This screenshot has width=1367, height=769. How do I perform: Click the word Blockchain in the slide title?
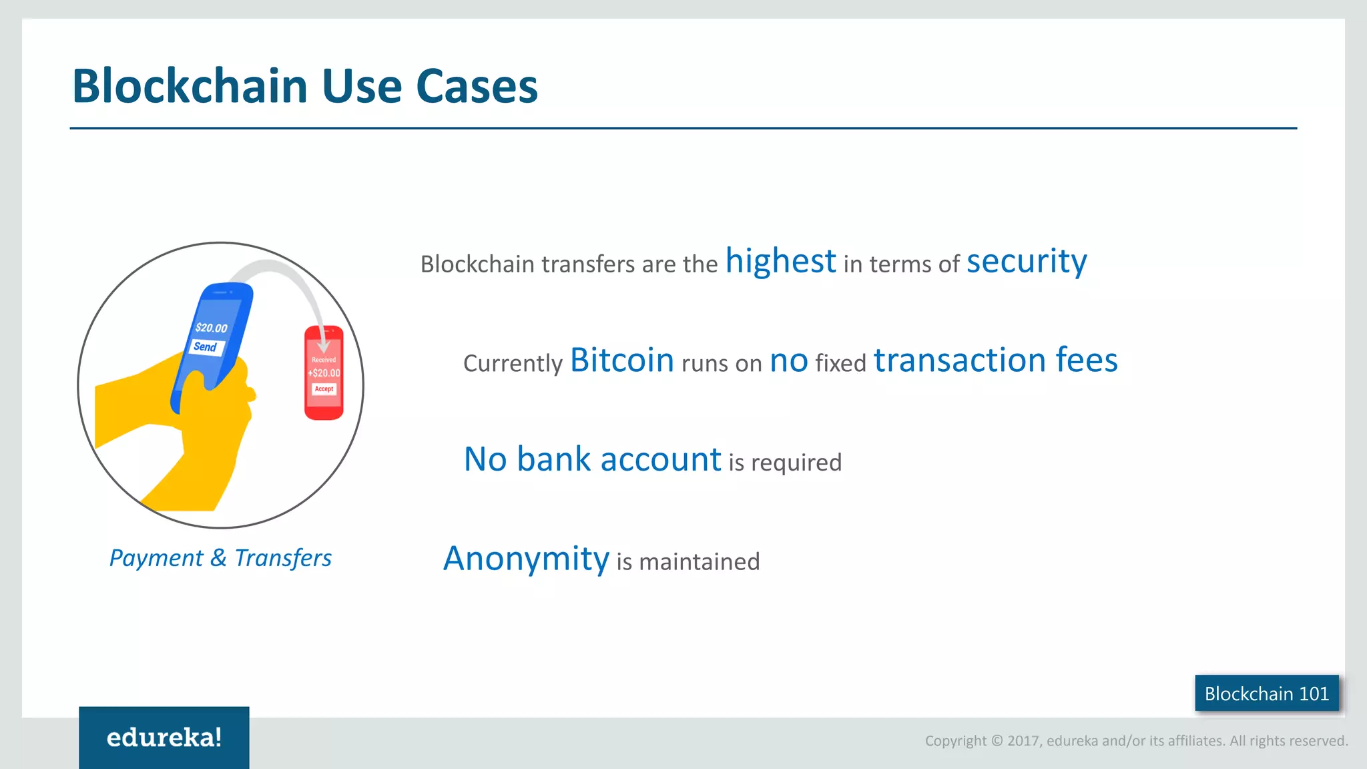point(190,87)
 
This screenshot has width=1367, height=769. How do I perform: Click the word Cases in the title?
point(477,87)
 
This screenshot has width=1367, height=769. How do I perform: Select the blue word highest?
point(780,261)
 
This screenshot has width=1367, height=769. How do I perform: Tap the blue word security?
point(1027,261)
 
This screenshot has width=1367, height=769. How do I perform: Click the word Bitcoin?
point(621,360)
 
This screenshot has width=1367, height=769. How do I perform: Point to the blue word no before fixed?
point(789,361)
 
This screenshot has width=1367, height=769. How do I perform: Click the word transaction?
point(960,360)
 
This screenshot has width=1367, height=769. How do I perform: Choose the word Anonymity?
point(526,559)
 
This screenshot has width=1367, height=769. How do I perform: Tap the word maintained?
point(699,562)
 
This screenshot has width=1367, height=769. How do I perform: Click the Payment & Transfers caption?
point(220,558)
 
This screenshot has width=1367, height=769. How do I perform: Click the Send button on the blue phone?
point(206,347)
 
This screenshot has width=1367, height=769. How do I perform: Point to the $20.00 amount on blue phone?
point(211,328)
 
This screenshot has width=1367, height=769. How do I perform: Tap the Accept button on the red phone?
point(324,389)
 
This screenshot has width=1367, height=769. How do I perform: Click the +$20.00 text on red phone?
point(324,373)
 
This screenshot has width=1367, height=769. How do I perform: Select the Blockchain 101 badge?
point(1266,694)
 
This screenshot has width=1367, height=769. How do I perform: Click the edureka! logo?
point(164,738)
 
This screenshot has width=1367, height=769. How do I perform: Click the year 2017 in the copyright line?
point(1024,741)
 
